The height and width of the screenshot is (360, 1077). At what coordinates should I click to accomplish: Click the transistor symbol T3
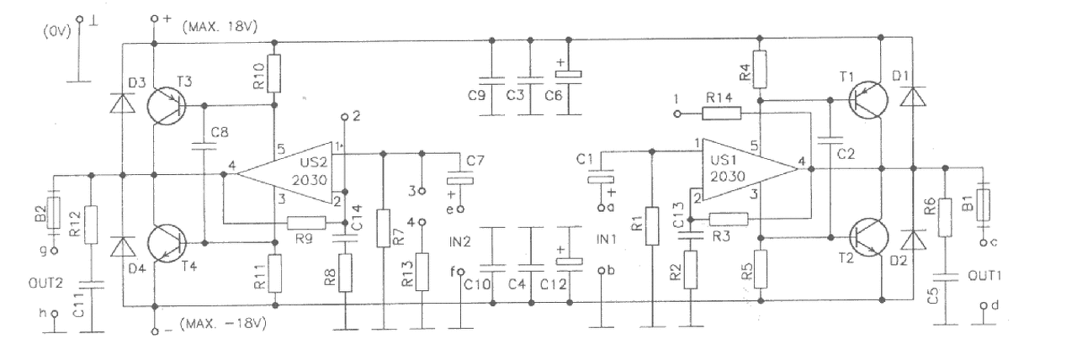click(167, 106)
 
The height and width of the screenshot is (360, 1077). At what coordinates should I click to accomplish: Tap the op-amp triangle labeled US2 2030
click(284, 173)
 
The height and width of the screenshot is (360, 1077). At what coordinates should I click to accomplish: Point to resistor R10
click(274, 73)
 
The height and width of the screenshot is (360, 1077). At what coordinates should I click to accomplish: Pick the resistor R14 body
click(722, 114)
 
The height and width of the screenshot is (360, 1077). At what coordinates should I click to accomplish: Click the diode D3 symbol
click(122, 103)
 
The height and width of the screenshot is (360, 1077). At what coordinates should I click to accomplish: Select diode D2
click(913, 240)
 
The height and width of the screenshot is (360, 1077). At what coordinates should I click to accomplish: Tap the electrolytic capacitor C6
click(569, 75)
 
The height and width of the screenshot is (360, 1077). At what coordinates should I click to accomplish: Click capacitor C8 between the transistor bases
click(204, 146)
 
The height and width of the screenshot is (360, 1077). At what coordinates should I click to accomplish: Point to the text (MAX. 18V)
click(220, 27)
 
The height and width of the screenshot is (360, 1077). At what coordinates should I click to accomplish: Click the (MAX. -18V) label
click(223, 324)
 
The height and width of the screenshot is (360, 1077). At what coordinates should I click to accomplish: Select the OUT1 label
click(984, 275)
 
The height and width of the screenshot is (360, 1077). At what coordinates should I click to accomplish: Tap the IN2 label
click(459, 241)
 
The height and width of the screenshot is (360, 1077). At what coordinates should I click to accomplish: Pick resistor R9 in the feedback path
click(306, 223)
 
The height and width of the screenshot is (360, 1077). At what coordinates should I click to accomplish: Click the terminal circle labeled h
click(55, 314)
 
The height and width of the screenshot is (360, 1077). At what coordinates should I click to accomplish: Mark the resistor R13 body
click(422, 272)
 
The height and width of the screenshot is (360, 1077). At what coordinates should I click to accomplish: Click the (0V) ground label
click(57, 33)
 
